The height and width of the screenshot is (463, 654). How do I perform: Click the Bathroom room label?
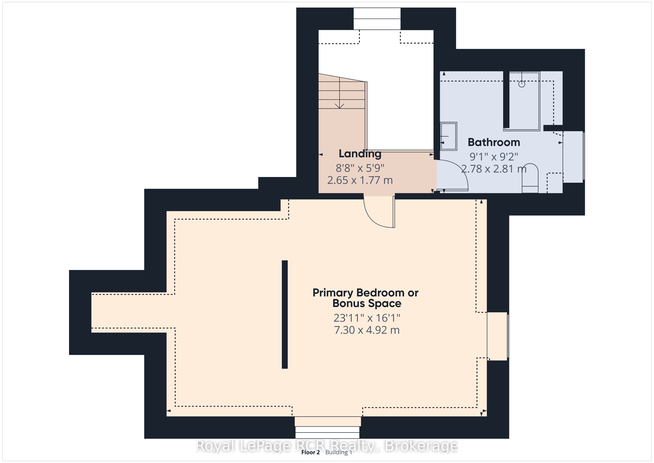click(x=494, y=142)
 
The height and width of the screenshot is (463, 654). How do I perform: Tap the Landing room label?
click(x=360, y=154)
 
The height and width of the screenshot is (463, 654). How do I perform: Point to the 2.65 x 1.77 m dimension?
click(x=360, y=180)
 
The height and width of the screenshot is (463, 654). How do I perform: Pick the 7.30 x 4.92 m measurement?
click(x=367, y=330)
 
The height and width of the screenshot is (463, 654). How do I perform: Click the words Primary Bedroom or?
click(x=365, y=293)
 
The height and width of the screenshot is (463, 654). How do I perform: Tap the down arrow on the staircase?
click(x=340, y=93)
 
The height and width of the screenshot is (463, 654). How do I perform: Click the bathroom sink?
click(x=449, y=136)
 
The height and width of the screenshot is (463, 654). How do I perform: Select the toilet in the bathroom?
click(x=530, y=178)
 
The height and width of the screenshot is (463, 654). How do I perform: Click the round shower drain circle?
click(x=521, y=84)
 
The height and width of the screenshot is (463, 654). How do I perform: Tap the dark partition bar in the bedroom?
click(x=285, y=314)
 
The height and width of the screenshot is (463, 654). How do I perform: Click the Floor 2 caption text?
click(x=311, y=452)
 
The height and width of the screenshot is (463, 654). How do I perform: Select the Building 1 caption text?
click(x=339, y=452)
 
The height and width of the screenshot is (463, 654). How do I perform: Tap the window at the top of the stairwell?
click(x=377, y=19)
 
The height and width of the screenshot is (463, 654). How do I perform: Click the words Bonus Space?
click(x=367, y=303)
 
